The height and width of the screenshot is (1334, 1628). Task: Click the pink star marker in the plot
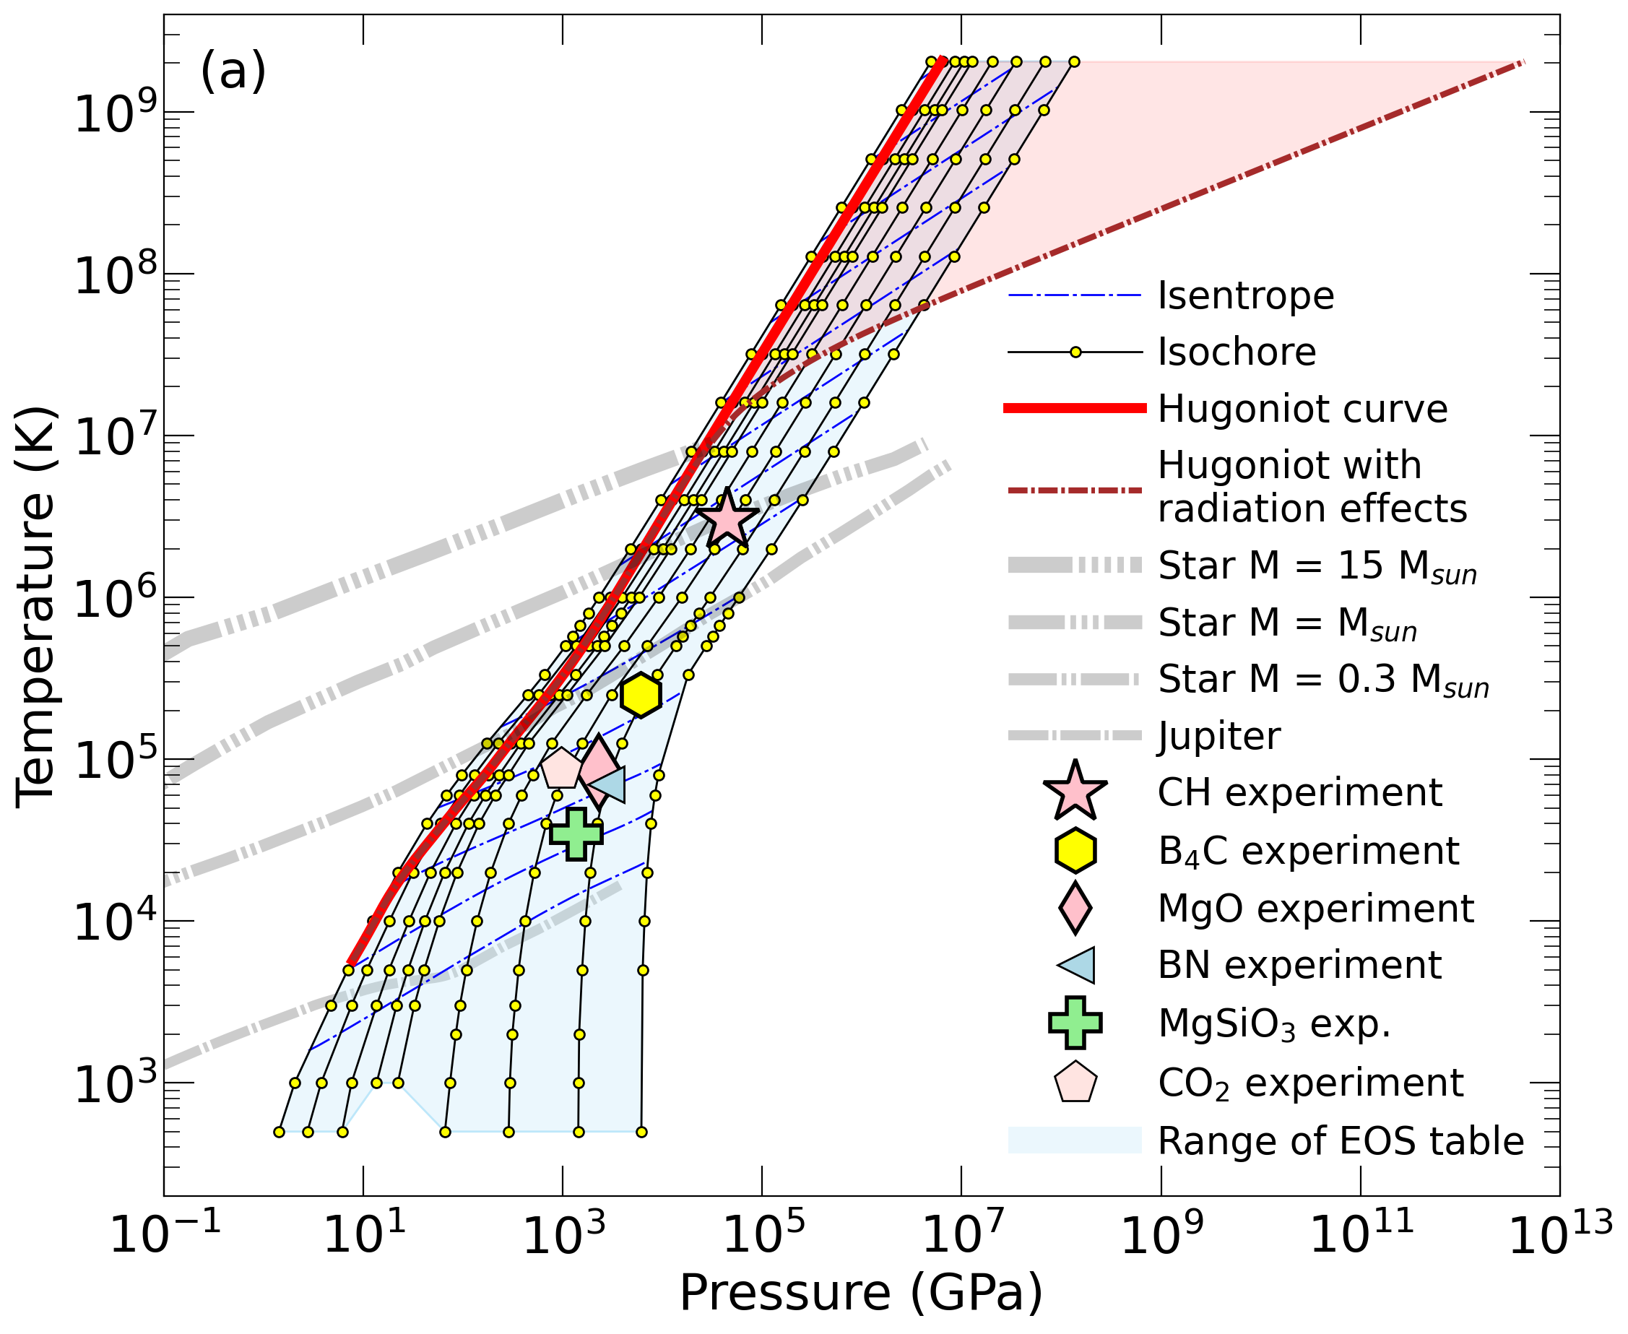[727, 519]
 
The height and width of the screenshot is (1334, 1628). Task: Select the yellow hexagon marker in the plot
[641, 696]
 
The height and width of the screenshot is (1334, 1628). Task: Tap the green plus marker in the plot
[576, 833]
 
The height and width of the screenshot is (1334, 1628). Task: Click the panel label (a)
[233, 71]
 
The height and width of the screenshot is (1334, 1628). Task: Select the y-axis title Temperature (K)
[35, 607]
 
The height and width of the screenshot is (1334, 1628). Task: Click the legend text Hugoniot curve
[1302, 409]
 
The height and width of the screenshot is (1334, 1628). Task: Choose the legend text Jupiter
[1219, 736]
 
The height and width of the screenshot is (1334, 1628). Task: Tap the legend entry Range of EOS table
[1341, 1141]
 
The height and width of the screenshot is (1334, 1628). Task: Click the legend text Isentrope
[1245, 296]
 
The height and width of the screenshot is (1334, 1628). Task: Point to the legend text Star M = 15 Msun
[1317, 566]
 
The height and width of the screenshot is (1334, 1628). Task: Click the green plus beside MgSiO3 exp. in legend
[1075, 1023]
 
